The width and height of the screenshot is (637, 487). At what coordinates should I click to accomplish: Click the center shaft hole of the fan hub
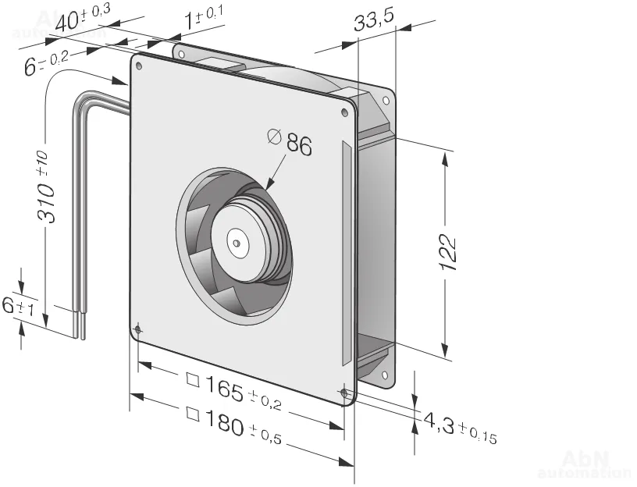point(237,242)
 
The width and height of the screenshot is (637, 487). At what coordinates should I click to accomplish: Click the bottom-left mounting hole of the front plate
point(138,330)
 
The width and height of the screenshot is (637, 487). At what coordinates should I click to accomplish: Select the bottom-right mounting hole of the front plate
point(345,393)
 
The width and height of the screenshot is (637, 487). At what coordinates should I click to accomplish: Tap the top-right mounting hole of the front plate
point(346,112)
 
